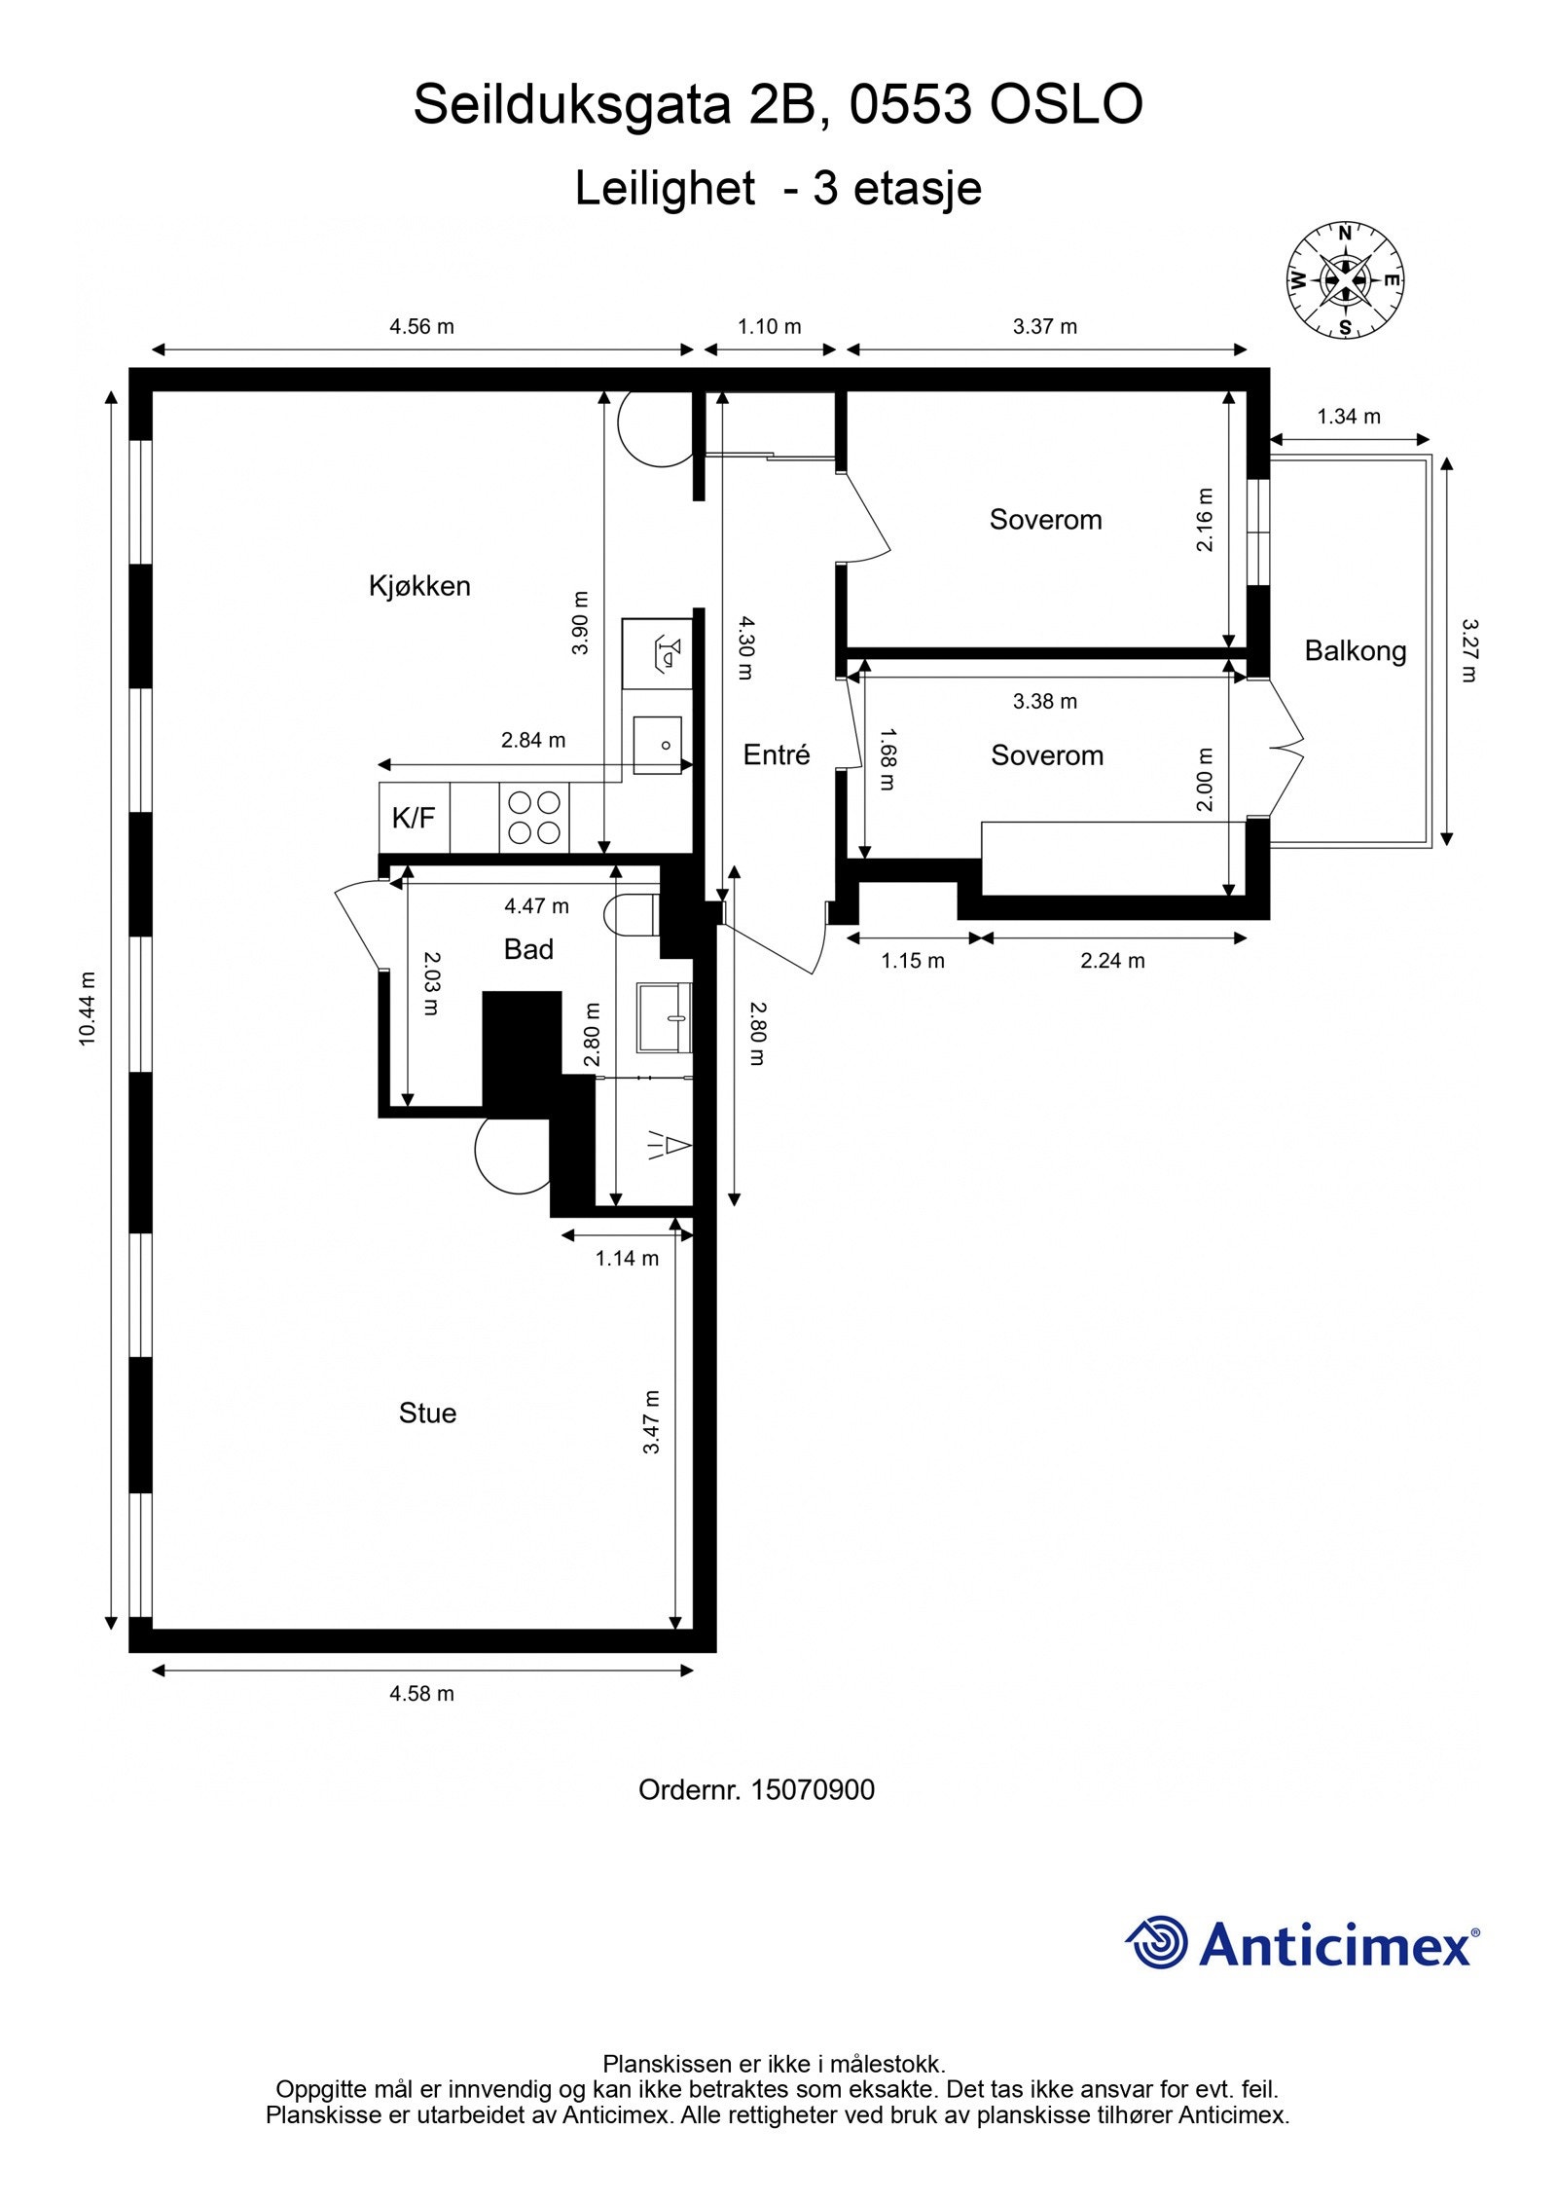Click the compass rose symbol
tap(1345, 280)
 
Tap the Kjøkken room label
tap(419, 586)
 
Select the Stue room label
tap(427, 1414)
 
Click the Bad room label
tap(528, 949)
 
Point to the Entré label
tap(776, 754)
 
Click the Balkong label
tap(1355, 650)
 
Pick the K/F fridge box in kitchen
tap(414, 818)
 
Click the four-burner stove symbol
tap(534, 818)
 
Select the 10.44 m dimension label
tap(89, 1009)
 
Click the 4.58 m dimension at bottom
tap(421, 1694)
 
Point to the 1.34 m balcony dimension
tap(1348, 417)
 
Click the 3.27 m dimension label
tap(1468, 650)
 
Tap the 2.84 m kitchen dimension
tap(532, 740)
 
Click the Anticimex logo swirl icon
tap(1157, 1942)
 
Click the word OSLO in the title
tap(1066, 104)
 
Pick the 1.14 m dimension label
tap(627, 1259)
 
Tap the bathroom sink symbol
tap(664, 1017)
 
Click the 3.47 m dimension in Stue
tap(651, 1422)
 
